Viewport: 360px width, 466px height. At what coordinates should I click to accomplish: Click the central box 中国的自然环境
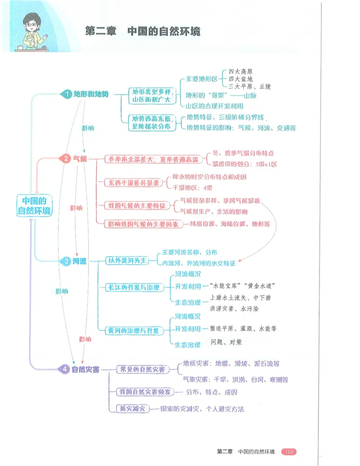click(35, 205)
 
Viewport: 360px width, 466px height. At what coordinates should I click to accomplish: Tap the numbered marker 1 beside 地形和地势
click(67, 94)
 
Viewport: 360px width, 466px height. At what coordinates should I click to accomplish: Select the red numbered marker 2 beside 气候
click(66, 158)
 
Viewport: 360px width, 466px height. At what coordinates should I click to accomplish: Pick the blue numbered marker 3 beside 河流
click(66, 261)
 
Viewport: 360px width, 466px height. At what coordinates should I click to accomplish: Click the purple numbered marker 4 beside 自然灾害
click(65, 369)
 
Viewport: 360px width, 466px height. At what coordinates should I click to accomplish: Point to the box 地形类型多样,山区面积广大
click(152, 96)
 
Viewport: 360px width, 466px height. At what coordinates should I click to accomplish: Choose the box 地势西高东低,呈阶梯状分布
click(152, 122)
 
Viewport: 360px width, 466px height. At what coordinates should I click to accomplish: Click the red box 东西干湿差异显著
click(134, 183)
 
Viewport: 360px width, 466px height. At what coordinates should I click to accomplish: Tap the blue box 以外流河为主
click(127, 261)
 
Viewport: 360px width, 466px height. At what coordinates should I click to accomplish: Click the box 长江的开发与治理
click(134, 288)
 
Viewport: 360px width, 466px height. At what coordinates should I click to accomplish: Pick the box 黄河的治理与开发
click(134, 331)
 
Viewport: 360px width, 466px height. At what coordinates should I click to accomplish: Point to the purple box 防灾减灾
click(133, 409)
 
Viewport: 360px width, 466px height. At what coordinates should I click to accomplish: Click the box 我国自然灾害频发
click(145, 392)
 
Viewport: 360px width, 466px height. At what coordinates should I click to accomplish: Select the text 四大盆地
click(241, 79)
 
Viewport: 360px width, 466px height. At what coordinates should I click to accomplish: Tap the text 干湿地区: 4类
click(193, 188)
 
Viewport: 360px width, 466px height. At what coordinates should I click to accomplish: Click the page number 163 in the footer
click(289, 452)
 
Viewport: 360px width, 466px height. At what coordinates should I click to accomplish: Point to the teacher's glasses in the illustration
click(31, 25)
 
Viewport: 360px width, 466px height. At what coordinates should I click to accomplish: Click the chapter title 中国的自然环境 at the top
click(164, 31)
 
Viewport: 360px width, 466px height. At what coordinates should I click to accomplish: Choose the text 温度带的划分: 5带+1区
click(245, 164)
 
